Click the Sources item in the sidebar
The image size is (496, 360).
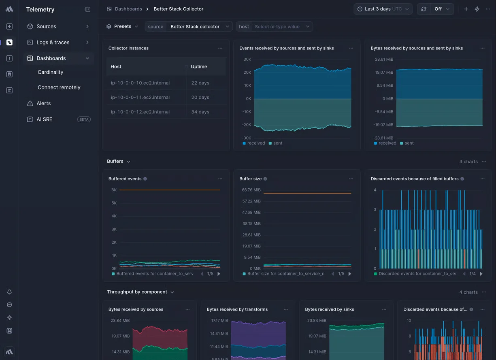pos(46,26)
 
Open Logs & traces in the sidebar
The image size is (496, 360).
pos(53,43)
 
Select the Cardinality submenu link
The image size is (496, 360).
pos(50,72)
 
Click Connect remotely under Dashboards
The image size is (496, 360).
pos(59,87)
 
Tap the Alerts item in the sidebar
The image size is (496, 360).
pos(43,103)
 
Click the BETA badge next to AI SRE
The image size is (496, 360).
pos(84,119)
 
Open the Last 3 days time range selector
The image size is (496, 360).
pos(383,9)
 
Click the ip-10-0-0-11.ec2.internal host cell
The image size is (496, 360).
pos(140,98)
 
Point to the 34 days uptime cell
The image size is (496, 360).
pos(200,112)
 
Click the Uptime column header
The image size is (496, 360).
pos(199,66)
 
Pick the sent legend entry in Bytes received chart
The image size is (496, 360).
pos(409,143)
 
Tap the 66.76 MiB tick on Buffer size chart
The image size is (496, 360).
pos(251,190)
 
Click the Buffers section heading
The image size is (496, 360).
pos(115,161)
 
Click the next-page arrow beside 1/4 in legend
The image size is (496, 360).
pos(481,274)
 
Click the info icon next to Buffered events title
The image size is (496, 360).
pos(145,179)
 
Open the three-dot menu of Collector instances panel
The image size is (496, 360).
pos(220,48)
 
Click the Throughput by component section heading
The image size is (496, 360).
pos(137,292)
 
